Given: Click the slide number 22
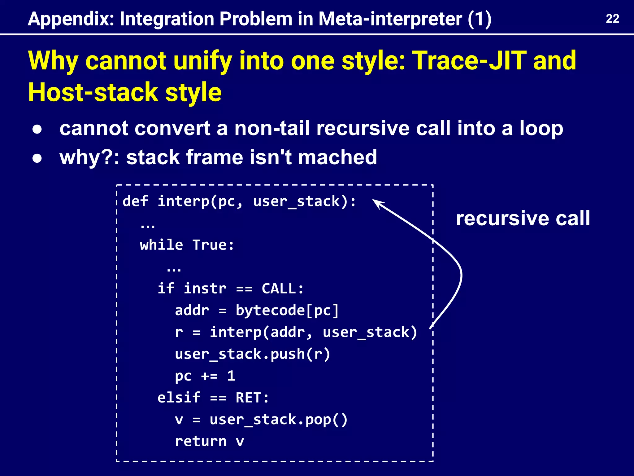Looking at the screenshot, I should pos(612,19).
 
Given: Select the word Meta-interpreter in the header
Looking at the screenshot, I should pos(390,19).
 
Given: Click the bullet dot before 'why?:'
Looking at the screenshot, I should pos(37,158).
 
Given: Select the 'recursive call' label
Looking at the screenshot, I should pos(523,218).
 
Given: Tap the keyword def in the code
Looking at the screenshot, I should pos(135,201).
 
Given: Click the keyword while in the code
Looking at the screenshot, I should pos(161,245).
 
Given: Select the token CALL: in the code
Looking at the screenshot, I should pos(282,289).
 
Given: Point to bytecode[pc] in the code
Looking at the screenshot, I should pos(287,311).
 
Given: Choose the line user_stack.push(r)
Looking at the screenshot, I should pos(252,354).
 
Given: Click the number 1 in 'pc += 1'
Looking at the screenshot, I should pos(231,376).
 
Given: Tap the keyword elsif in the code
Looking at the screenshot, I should pos(179,398).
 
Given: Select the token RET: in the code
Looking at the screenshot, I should pos(252,398).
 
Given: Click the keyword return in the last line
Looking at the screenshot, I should pos(201,441).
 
